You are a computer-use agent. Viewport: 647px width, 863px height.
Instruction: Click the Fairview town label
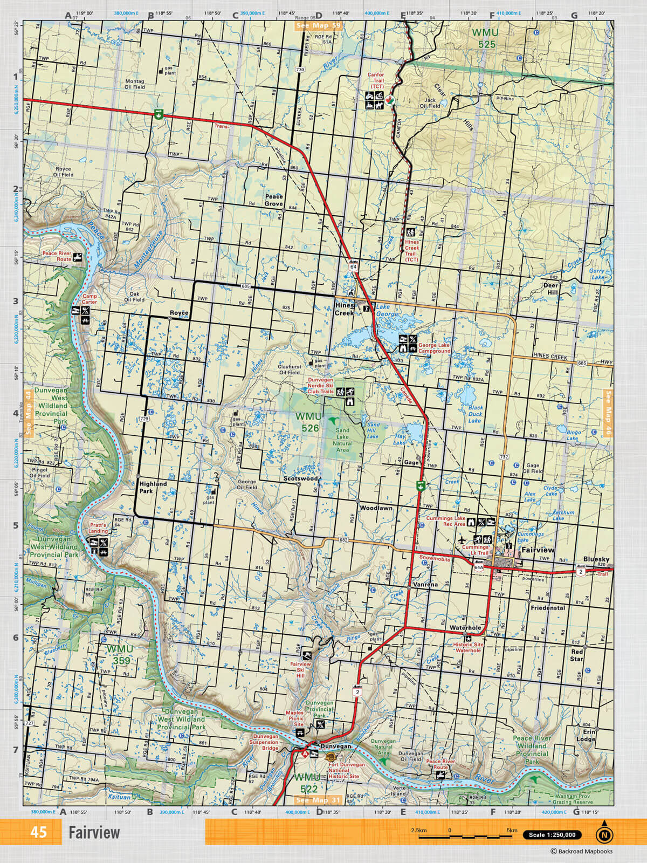coord(538,550)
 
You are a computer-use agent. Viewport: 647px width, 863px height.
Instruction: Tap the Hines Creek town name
coord(345,309)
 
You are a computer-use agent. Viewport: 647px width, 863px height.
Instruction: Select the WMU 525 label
coord(486,38)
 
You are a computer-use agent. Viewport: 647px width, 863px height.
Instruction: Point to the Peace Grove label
coord(273,200)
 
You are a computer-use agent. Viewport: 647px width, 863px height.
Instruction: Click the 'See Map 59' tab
coord(319,25)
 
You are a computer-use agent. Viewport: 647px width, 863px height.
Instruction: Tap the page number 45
coord(38,832)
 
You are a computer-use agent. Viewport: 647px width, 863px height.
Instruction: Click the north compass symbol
coord(604,834)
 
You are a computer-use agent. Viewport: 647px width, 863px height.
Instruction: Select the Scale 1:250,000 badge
coord(552,835)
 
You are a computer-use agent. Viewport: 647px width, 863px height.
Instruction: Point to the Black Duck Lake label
coord(475,414)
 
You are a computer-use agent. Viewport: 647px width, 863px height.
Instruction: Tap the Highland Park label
coord(153,487)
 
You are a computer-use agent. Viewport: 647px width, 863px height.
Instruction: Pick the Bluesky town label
coord(596,559)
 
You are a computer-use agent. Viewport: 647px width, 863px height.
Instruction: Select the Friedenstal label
coord(548,608)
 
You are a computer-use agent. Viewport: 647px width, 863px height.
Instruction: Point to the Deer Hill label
coord(550,289)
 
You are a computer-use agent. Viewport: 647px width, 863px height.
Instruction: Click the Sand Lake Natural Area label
coord(343,440)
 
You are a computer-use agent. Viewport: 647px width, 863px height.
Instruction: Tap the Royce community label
coord(179,313)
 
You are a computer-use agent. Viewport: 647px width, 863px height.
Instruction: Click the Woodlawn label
coord(376,508)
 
